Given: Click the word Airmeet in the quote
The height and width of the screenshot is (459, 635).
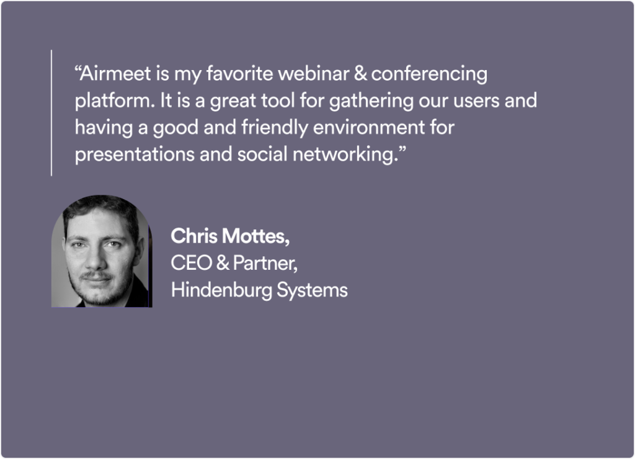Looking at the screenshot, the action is [x=115, y=74].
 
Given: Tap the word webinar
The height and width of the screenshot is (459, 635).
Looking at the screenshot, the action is [x=313, y=74].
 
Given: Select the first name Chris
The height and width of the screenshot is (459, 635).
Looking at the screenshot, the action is [x=194, y=236].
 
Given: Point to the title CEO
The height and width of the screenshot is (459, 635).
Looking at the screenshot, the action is [x=192, y=263].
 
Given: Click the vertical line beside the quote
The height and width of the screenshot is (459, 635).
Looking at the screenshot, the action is [x=51, y=113].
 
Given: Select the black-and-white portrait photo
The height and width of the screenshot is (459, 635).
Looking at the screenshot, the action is [x=102, y=251].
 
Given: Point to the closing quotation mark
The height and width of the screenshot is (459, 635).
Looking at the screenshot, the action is [x=402, y=149].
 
